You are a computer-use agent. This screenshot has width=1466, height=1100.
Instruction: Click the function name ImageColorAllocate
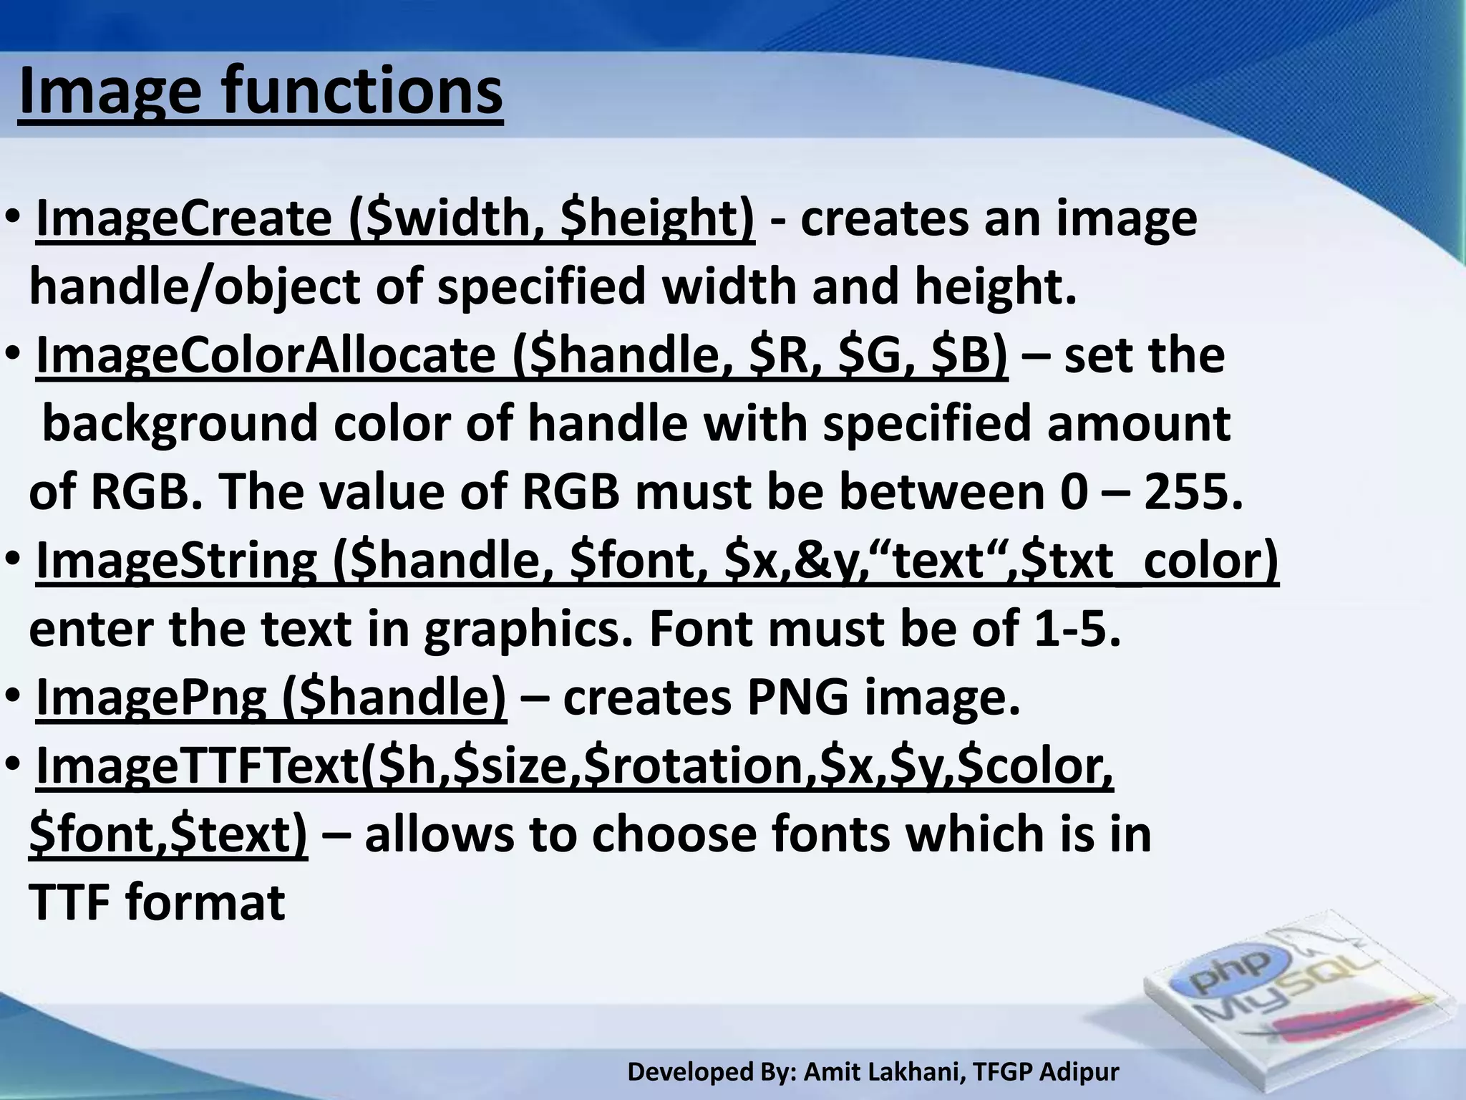click(266, 355)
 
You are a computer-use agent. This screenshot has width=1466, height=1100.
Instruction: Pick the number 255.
click(1192, 492)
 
